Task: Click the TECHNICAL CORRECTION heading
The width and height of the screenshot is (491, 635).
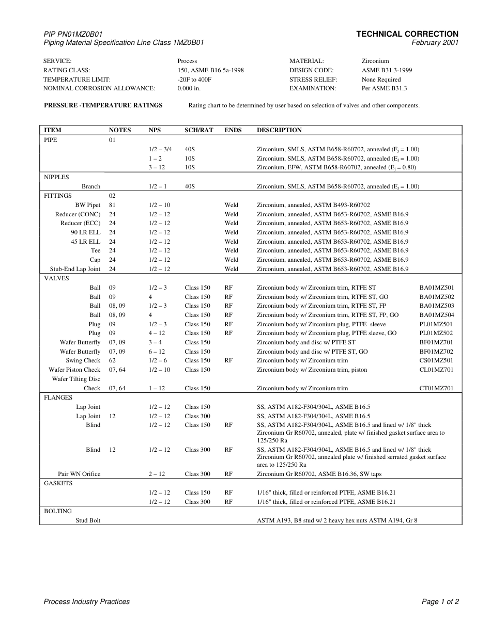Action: point(407,34)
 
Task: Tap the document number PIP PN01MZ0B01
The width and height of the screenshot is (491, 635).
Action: point(76,34)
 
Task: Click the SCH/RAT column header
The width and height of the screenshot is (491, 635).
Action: point(198,130)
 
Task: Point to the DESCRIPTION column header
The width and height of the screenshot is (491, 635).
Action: point(279,130)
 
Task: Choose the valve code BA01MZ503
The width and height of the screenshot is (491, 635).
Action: point(436,306)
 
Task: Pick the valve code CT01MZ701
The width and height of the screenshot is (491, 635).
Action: point(436,388)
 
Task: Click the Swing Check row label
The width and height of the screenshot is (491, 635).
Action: point(83,360)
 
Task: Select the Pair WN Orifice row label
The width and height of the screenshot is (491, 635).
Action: point(79,474)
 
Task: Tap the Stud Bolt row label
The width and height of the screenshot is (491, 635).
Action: point(88,520)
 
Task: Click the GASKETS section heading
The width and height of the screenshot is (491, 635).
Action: point(58,483)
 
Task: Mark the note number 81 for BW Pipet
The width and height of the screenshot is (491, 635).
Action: point(112,205)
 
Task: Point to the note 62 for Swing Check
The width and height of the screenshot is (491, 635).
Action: point(112,360)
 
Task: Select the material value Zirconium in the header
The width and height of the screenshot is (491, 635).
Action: point(375,61)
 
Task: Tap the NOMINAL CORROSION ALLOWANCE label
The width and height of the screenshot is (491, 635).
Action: point(99,88)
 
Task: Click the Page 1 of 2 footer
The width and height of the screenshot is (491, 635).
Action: point(440,601)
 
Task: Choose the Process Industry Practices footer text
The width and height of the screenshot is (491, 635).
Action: point(87,601)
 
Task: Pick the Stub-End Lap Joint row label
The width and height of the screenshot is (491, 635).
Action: point(75,269)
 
